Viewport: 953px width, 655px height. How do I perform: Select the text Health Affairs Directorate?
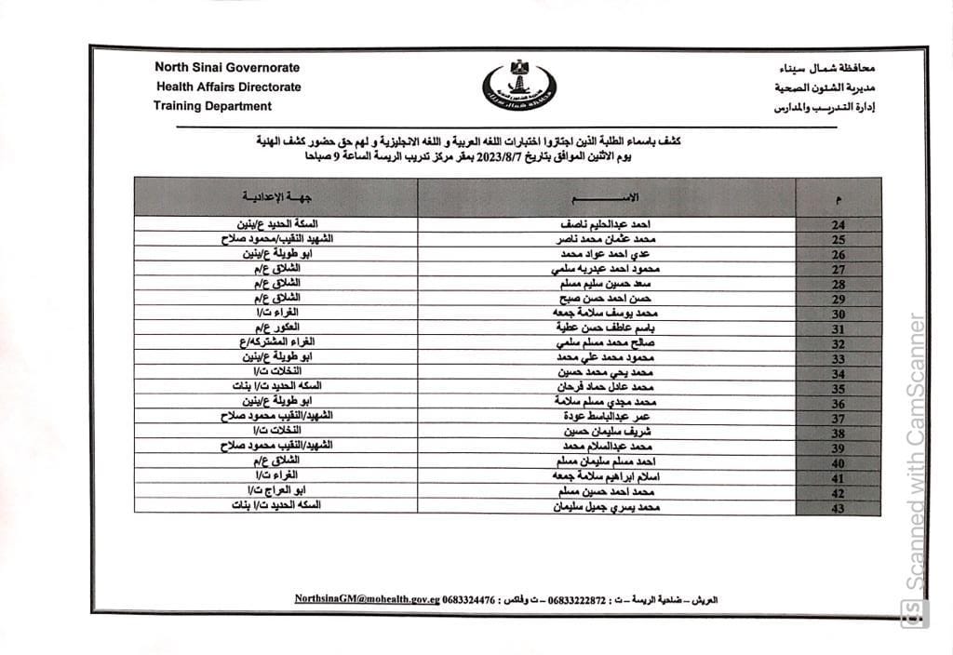coord(227,87)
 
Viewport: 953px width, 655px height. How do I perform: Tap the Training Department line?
coord(212,106)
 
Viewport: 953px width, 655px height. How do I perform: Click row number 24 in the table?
coord(837,226)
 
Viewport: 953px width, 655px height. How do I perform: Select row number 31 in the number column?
coord(837,329)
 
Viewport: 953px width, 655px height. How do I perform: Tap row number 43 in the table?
coord(837,507)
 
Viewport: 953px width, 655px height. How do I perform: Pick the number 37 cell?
coord(837,419)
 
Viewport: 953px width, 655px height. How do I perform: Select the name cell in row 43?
coord(607,507)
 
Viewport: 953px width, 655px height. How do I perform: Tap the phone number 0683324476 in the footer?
coord(469,600)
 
